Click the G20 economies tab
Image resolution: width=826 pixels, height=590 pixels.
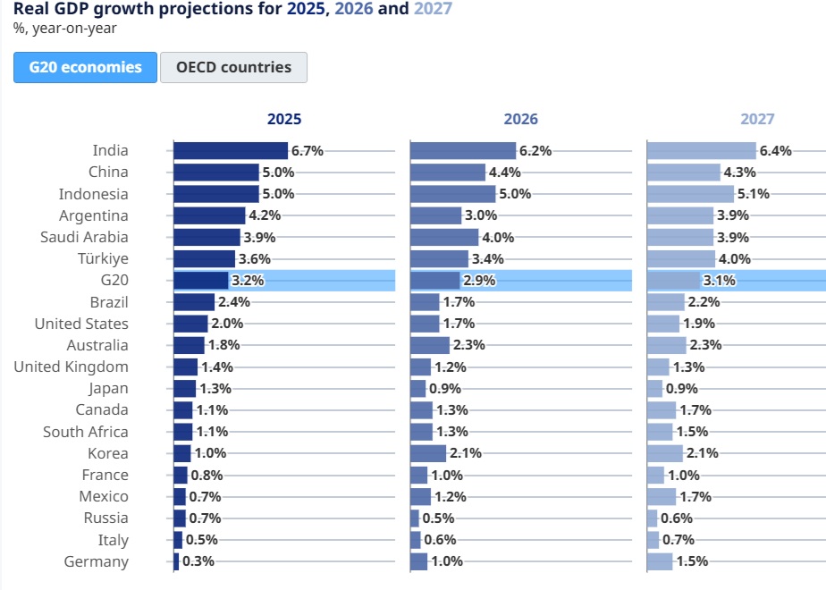(x=85, y=67)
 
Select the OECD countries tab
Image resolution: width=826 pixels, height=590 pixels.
(x=233, y=67)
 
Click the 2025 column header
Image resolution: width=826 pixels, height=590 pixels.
(x=284, y=119)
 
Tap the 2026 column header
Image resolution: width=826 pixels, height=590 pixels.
(x=520, y=119)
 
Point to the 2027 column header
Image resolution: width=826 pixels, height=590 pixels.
(x=757, y=119)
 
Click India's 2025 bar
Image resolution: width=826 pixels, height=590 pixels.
(x=231, y=151)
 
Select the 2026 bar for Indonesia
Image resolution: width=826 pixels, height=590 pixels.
(x=453, y=194)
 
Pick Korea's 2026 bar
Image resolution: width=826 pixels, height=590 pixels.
(x=428, y=453)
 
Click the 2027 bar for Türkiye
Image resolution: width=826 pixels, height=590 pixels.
(x=681, y=258)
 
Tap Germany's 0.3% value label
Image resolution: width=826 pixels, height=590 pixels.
(x=198, y=561)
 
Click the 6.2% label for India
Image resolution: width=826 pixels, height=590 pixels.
(x=535, y=151)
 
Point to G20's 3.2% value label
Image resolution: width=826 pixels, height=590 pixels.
(x=248, y=281)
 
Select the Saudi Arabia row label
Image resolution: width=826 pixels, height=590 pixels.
(x=84, y=237)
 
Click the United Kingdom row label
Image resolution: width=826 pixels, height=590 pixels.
(x=72, y=367)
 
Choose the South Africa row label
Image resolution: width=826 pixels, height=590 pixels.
(x=85, y=432)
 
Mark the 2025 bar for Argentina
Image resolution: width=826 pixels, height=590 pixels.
(x=210, y=215)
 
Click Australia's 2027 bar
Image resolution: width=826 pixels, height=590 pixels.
(x=667, y=345)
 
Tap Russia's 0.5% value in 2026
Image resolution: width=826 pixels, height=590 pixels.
(x=438, y=518)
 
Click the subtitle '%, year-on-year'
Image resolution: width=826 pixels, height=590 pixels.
(x=64, y=29)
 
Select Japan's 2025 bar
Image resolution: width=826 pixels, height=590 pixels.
(x=185, y=388)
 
